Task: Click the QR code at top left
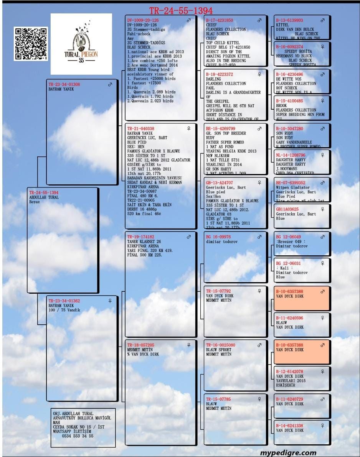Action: click(31, 43)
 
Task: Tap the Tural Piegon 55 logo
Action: click(81, 44)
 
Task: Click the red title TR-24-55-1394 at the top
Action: click(181, 11)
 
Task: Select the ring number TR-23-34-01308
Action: click(64, 84)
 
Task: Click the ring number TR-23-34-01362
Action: click(64, 301)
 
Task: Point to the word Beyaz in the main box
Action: click(35, 202)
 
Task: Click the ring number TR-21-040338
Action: click(141, 128)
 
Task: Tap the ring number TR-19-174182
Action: click(141, 237)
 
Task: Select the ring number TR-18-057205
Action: click(141, 345)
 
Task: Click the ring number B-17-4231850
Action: click(220, 20)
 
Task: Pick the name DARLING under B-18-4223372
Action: click(213, 79)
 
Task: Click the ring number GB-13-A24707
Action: click(220, 183)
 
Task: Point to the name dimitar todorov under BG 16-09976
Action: click(221, 242)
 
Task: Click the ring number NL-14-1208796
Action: click(291, 155)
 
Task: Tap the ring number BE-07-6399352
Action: click(291, 183)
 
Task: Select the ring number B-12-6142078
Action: click(289, 372)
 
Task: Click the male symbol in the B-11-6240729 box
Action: click(322, 399)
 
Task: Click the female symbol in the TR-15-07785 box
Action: click(259, 399)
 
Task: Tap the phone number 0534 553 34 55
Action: click(78, 436)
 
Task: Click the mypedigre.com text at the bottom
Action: click(288, 453)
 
